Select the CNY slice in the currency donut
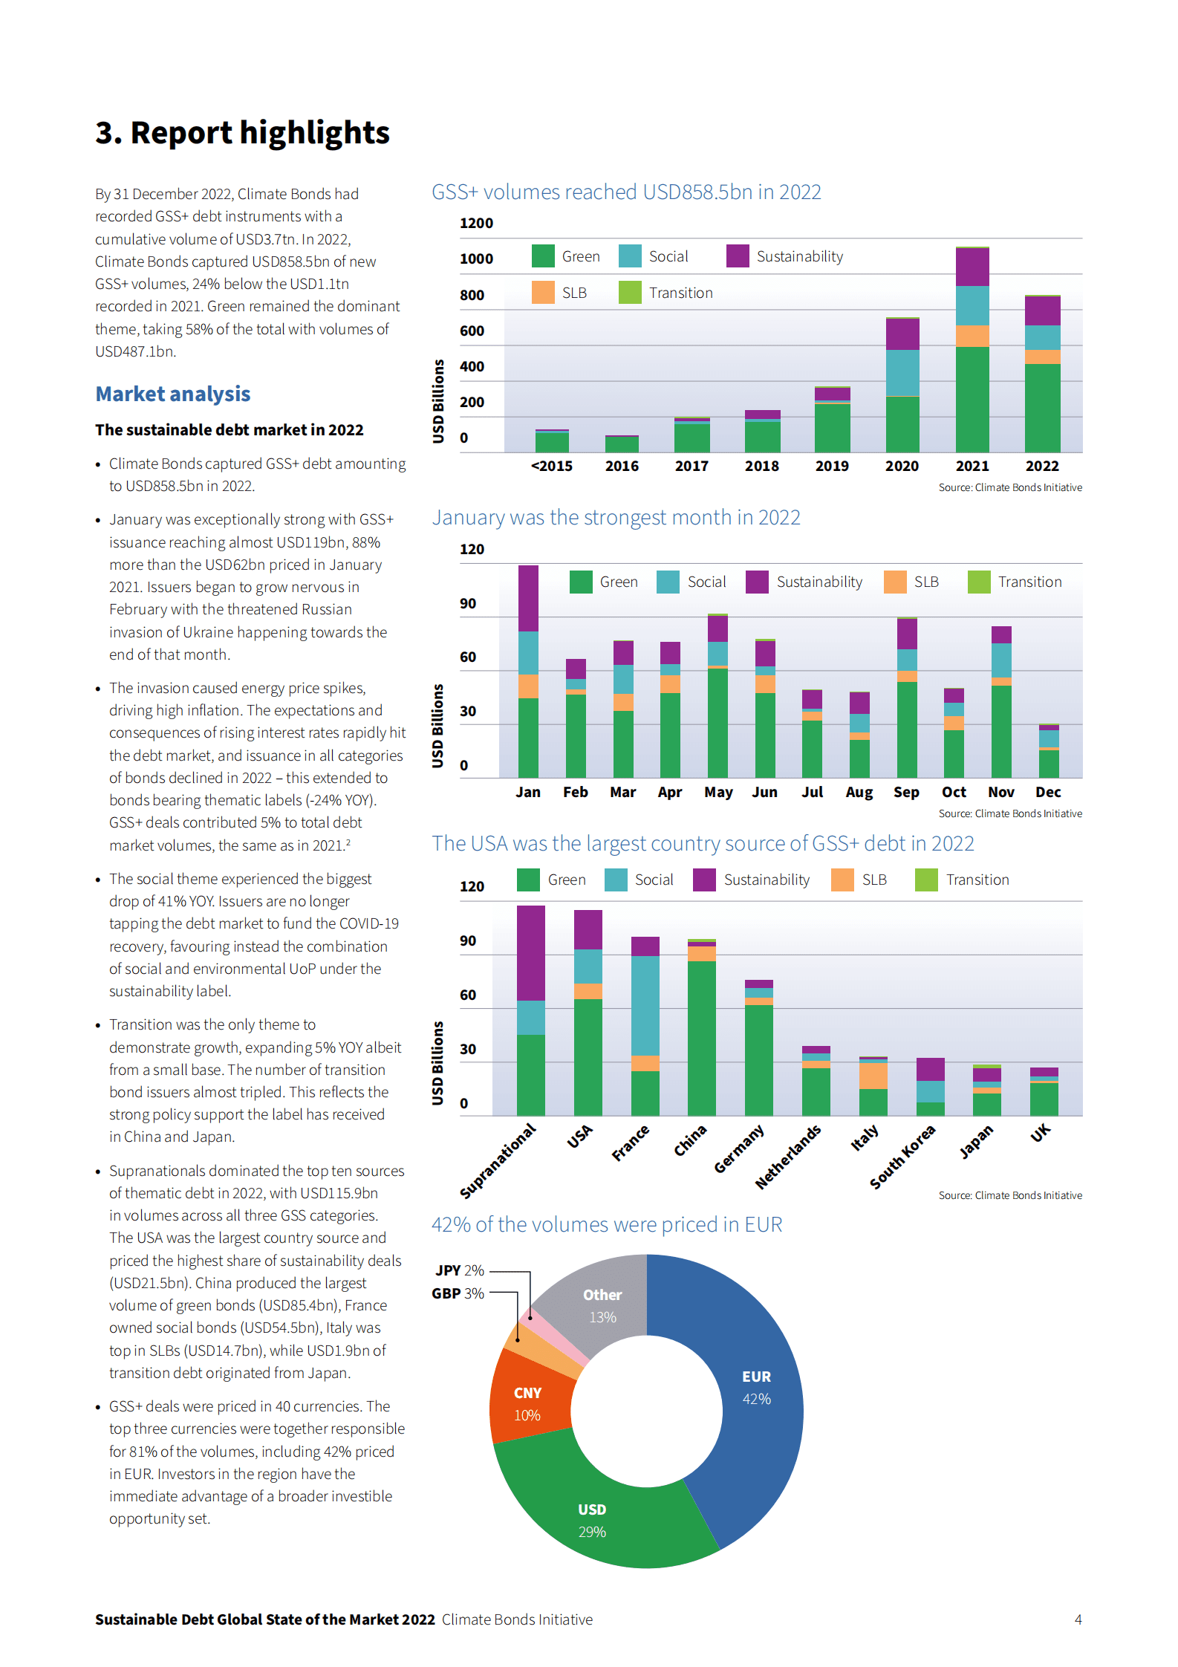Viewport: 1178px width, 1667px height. tap(529, 1400)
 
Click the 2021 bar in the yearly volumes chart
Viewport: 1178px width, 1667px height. tap(972, 349)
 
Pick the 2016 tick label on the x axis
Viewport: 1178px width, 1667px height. tap(622, 466)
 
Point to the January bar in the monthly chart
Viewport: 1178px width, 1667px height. tap(528, 672)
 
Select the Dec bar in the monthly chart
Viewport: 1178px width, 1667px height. tap(1049, 752)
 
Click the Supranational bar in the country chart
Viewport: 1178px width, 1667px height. tap(530, 1010)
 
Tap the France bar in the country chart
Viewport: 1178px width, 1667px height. tap(645, 1025)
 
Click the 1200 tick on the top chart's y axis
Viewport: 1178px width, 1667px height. tap(476, 223)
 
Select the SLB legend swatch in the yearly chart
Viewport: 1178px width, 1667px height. tap(543, 293)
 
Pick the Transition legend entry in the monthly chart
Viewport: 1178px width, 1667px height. tap(1015, 582)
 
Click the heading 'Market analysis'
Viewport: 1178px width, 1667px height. tap(173, 394)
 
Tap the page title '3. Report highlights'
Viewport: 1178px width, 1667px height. tap(242, 133)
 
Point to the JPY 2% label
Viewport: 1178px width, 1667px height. tap(459, 1270)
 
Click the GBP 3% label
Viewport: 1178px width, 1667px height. tap(458, 1293)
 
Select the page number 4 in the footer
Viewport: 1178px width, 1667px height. tap(1078, 1619)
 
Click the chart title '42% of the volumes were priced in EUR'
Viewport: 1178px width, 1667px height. tap(607, 1224)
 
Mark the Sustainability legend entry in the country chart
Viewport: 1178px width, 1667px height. tap(752, 880)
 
